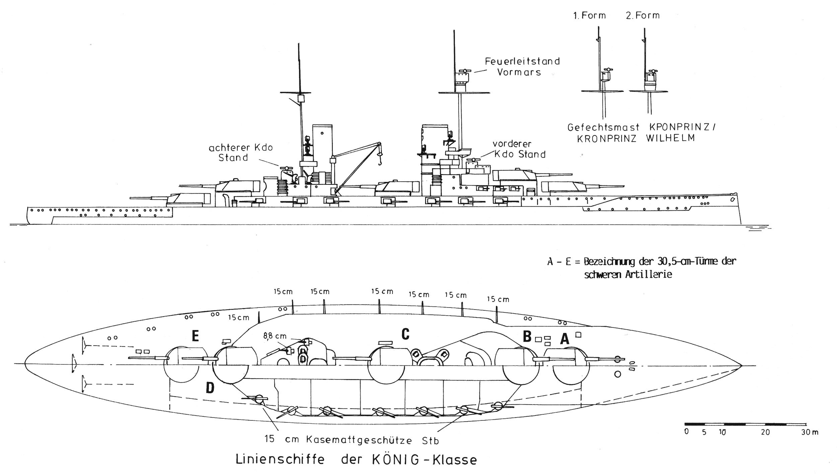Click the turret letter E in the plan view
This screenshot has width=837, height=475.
tap(195, 336)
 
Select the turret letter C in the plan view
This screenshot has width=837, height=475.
tap(405, 334)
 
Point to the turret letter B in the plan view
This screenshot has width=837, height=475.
tap(527, 337)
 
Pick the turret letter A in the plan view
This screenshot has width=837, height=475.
tap(564, 340)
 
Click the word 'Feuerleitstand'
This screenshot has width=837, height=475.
tap(522, 61)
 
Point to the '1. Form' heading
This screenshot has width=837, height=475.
tap(590, 15)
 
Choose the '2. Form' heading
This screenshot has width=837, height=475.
tap(643, 15)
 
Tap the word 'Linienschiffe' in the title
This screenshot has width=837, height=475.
tap(280, 460)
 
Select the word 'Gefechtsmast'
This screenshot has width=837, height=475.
tap(603, 128)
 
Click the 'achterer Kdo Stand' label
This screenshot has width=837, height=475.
tap(241, 153)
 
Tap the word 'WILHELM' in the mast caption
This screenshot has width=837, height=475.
tap(670, 138)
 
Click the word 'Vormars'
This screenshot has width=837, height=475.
tap(519, 72)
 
